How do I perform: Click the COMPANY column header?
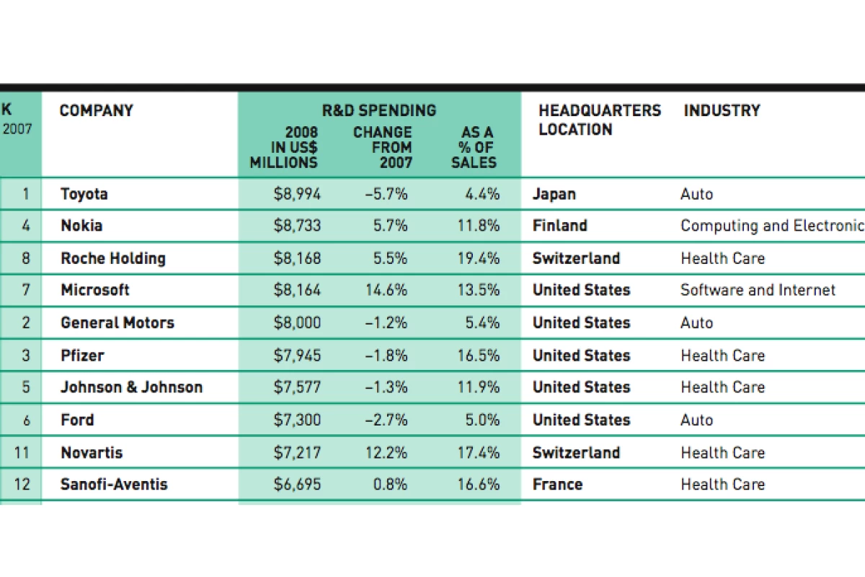tap(96, 110)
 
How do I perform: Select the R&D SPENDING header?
tap(378, 110)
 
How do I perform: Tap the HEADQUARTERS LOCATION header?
tap(599, 120)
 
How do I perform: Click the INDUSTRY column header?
tap(722, 110)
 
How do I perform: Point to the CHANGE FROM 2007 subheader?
tap(383, 147)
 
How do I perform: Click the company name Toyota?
tap(84, 193)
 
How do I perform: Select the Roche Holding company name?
tap(113, 258)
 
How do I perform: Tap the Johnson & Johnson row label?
tap(131, 387)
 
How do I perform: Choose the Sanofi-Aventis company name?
tap(114, 484)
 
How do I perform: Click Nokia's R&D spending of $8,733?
tap(297, 226)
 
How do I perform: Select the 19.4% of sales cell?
tap(478, 258)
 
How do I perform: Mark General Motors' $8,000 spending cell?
tap(297, 322)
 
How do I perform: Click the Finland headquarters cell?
tap(559, 226)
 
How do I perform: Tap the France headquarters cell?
tap(557, 484)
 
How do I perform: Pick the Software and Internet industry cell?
tap(758, 290)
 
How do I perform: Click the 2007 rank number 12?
tap(23, 484)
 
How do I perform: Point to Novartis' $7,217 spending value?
tap(297, 452)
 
